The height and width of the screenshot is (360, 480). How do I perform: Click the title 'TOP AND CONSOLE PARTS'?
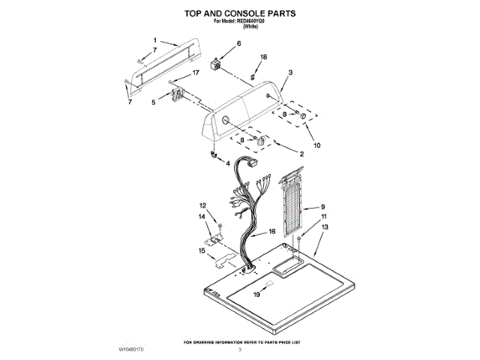(x=240, y=13)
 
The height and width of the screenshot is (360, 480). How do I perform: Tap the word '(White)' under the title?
(x=240, y=26)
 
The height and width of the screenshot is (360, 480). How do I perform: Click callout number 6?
(x=239, y=44)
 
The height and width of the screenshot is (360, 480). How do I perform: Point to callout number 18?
(x=263, y=57)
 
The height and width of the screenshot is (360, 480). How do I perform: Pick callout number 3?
(x=289, y=72)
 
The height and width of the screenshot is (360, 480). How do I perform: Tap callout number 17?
(x=196, y=73)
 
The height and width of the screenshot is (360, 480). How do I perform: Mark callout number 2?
(x=301, y=154)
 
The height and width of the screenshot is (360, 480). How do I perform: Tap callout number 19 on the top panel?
(x=256, y=295)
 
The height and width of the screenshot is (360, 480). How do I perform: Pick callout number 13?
(x=325, y=226)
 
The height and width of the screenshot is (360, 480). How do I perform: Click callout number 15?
(x=202, y=252)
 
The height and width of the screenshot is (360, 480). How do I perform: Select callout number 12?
(x=202, y=205)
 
